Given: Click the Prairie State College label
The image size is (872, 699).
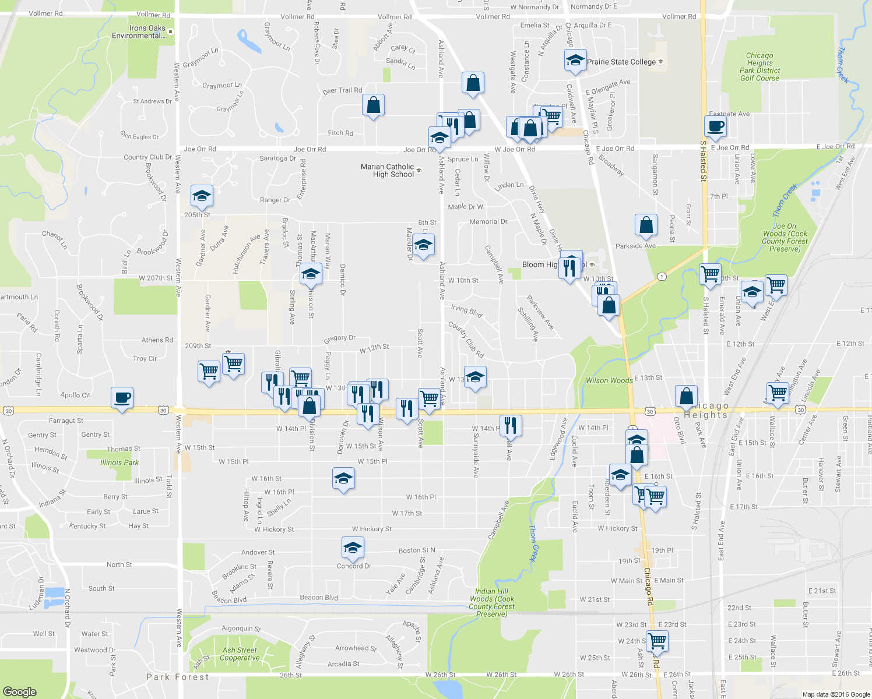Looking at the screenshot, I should pos(621,62).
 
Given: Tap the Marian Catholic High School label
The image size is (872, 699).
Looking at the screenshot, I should pos(388,170).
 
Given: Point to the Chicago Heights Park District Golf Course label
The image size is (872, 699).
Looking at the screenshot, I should pos(760,67).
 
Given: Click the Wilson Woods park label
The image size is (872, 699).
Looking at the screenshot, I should pos(609,380).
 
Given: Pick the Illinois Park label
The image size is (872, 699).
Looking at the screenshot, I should pos(119,463).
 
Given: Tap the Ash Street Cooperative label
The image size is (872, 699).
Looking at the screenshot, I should pos(240,654).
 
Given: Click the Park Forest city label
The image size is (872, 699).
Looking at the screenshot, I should pos(177,677).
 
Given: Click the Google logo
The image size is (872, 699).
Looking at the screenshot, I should pos(19,691).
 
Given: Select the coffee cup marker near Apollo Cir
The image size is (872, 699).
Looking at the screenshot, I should pos(122,398).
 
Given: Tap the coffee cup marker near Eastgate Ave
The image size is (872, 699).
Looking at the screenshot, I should pos(715,126).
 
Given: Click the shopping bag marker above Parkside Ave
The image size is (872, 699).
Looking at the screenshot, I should pos(646,225).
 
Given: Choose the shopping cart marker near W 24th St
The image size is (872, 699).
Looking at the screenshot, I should pos(657,641).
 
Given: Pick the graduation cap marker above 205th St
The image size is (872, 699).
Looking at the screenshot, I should pos(202,196).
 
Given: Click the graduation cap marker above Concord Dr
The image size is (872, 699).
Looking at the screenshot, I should pos(353,548).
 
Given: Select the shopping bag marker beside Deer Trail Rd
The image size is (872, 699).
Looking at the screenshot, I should pos(373,105).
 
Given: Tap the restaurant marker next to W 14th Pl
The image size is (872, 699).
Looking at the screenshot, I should pos(510,425).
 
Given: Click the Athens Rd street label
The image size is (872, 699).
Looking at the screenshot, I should pos(157,340).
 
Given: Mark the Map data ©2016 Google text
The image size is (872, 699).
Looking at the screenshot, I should pos(836,694).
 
